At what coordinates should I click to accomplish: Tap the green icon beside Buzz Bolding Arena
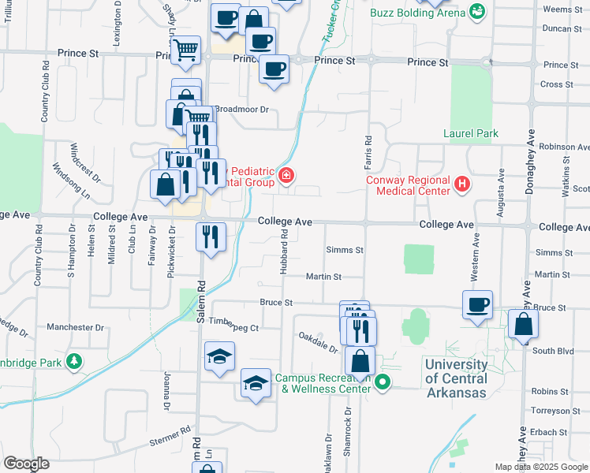476,11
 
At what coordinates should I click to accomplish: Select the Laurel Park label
470,134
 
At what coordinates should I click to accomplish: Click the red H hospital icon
462,184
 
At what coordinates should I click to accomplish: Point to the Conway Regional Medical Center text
409,184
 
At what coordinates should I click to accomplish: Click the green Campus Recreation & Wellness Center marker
383,384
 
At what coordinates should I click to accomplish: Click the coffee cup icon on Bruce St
478,304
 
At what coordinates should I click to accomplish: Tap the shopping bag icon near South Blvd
524,323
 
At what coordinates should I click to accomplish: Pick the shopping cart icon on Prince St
185,50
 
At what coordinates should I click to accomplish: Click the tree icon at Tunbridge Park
74,361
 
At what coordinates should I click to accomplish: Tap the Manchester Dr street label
76,326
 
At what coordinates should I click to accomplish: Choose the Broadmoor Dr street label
242,110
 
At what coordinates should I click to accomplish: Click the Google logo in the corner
27,464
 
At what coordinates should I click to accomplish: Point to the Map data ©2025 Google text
540,467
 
